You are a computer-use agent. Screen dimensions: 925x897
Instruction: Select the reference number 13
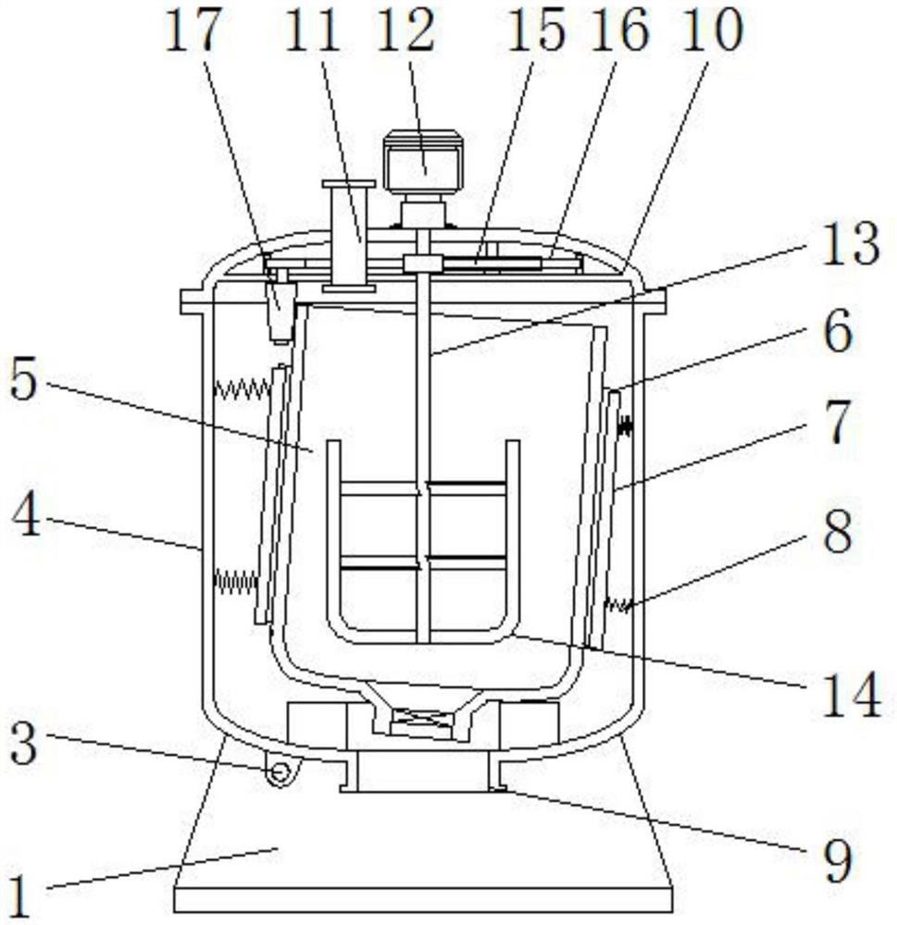pos(850,247)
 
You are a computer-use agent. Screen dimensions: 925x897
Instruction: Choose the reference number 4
pos(26,518)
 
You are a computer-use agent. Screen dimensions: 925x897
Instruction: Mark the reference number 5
pos(25,381)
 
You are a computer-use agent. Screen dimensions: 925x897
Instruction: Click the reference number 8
pos(838,535)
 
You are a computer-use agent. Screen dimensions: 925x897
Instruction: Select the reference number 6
pos(838,335)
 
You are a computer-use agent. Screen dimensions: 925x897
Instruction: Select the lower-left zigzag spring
pos(234,581)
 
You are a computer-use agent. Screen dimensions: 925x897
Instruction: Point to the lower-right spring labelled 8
pos(618,606)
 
